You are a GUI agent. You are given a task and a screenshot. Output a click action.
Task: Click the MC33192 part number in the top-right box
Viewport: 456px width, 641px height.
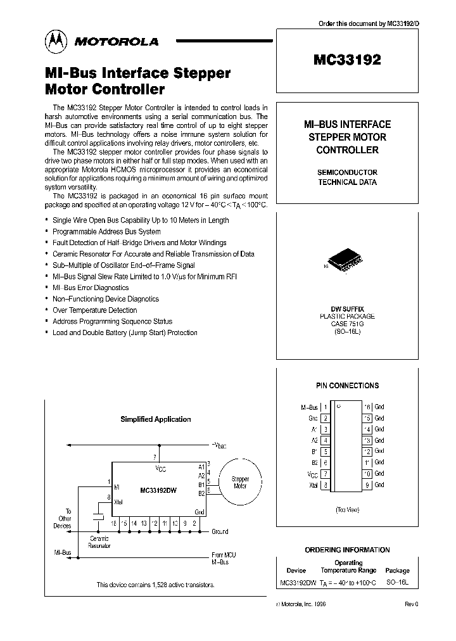click(346, 60)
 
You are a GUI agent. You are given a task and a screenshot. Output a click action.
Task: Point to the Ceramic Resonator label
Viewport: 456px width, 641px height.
click(99, 542)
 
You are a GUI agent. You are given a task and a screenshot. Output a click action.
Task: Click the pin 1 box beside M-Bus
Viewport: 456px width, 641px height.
click(325, 407)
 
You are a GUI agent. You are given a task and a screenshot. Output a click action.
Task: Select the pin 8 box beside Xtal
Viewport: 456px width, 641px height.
click(325, 485)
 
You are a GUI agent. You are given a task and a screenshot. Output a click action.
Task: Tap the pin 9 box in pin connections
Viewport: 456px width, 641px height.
click(367, 485)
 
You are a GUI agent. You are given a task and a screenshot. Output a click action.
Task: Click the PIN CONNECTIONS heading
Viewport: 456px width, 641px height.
click(347, 385)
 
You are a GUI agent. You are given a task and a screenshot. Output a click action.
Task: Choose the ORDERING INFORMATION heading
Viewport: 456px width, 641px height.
click(347, 550)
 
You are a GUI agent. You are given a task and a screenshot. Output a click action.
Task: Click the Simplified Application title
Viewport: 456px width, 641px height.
click(156, 419)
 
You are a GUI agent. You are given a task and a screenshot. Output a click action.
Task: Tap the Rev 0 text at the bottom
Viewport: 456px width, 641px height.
click(411, 604)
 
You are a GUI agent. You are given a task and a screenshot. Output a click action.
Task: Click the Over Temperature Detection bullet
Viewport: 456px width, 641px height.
click(94, 310)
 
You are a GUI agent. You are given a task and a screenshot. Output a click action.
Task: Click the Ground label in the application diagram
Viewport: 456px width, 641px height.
click(220, 531)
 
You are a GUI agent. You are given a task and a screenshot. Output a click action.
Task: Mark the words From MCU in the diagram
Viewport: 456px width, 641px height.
click(224, 555)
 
